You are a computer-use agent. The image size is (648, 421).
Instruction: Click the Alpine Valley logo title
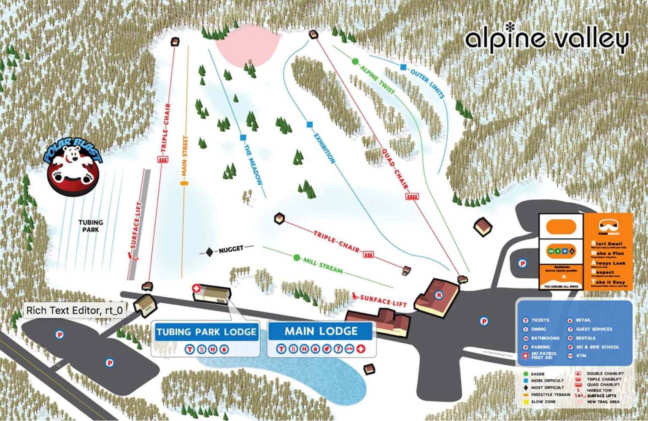(547, 39)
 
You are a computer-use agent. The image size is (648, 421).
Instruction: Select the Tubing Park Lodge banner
(206, 332)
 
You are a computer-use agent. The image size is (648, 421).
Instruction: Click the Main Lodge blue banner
(321, 331)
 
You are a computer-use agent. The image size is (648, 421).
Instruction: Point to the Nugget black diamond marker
(209, 252)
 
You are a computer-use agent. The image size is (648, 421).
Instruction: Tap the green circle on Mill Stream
(297, 258)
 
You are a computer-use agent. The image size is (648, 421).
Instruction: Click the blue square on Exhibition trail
(310, 125)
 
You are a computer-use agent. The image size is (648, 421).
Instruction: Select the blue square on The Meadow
(243, 137)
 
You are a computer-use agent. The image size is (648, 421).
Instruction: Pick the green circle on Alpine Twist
(355, 62)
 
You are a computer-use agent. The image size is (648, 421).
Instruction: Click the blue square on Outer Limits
(403, 67)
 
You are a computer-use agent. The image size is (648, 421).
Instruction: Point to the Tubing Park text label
(91, 225)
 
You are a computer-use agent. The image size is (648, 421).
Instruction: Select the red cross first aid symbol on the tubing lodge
(196, 288)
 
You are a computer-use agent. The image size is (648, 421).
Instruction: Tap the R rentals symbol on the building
(439, 295)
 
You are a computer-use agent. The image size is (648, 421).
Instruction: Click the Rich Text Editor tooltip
(74, 310)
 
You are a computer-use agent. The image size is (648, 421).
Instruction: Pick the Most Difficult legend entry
(547, 387)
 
